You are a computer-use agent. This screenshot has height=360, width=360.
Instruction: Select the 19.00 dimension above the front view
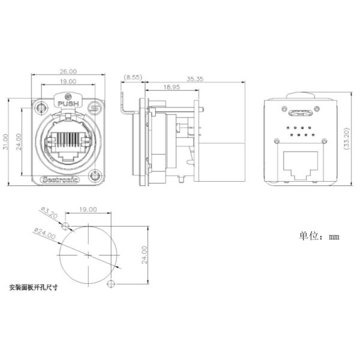tap(68, 81)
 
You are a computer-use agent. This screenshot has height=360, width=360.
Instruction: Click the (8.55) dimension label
tap(133, 77)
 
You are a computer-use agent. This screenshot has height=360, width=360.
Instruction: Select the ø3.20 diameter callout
tap(49, 213)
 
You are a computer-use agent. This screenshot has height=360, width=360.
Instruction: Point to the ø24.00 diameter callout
tap(45, 232)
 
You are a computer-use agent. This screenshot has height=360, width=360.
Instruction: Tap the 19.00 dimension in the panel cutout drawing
tap(88, 209)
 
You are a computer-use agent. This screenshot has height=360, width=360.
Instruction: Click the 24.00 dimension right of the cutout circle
tap(144, 254)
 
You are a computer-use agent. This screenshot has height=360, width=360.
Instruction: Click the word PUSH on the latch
tap(67, 104)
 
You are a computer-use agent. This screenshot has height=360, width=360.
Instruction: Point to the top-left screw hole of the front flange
tap(41, 109)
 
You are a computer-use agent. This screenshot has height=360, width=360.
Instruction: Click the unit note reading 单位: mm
tap(319, 236)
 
